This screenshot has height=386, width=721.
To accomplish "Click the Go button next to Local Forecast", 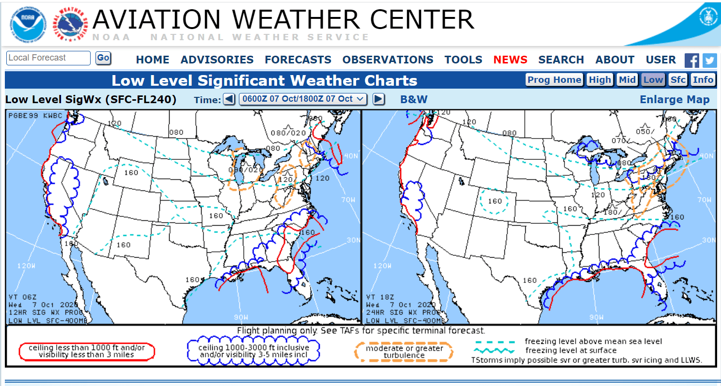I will tap(103, 58).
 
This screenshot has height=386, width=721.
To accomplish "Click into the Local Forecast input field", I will tap(48, 58).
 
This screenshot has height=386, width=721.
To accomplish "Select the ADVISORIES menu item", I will tap(217, 60).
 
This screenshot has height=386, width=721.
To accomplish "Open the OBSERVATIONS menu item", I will tap(388, 60).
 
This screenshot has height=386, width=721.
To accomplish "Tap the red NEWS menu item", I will tap(510, 60).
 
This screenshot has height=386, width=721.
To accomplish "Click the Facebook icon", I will tap(691, 61).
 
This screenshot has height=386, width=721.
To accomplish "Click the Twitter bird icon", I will tap(709, 61).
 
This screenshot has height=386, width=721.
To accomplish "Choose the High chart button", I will tap(600, 80).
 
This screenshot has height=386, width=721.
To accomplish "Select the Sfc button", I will tap(677, 80).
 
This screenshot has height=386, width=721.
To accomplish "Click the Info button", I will tap(703, 80).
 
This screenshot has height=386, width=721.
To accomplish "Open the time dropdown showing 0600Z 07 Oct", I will tap(303, 99).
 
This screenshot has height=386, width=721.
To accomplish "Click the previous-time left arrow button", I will tap(229, 99).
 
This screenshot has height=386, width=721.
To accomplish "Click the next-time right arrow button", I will tap(379, 99).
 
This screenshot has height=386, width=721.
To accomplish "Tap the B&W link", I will tap(414, 99).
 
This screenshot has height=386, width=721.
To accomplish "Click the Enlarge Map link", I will tap(674, 99).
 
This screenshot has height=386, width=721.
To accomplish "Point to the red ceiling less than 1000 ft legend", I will tap(87, 351).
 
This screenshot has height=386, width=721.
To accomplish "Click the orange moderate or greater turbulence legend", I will tap(404, 352).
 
